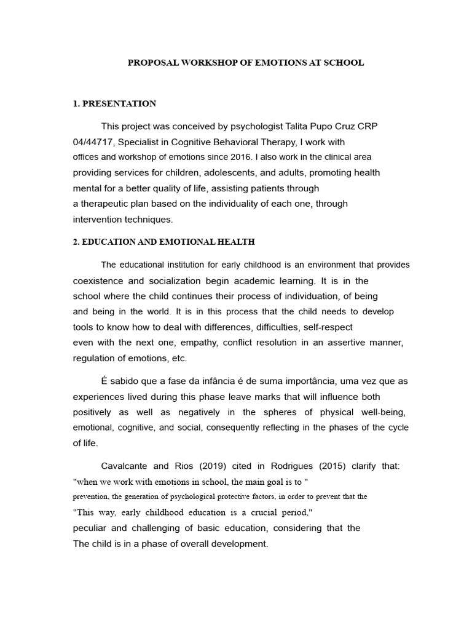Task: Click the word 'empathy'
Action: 186,342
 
